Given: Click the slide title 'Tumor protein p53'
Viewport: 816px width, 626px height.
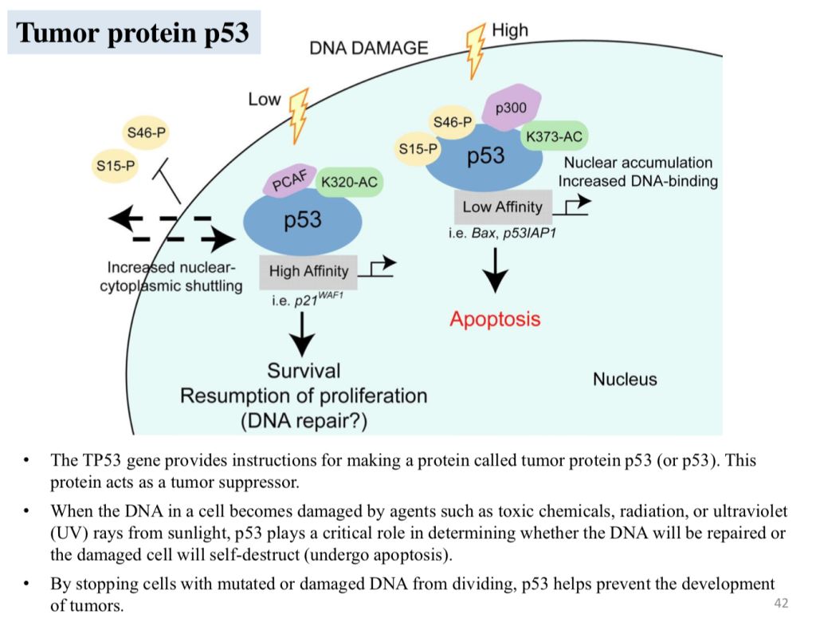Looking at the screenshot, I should point(133,33).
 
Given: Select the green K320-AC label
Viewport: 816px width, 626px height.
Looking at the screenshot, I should point(349,183).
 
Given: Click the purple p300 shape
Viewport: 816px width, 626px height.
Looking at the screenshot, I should point(511,107).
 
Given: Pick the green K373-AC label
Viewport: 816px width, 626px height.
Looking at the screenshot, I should point(553,136).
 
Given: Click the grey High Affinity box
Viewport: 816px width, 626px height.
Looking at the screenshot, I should point(308,271).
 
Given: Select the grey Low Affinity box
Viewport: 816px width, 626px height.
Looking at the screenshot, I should point(502,207).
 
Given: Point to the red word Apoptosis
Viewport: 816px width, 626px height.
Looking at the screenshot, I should point(495,320).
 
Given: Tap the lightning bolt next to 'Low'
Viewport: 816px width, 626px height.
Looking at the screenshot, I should point(299,113).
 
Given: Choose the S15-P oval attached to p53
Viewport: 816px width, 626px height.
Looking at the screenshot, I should point(418,148).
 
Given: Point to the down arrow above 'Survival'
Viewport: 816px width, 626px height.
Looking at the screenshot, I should point(303,334).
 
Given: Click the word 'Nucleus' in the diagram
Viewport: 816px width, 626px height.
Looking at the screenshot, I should point(625,379).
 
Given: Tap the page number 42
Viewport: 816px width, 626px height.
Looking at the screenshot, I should point(781,603).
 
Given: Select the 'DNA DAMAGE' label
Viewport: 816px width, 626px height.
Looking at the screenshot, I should point(368,48).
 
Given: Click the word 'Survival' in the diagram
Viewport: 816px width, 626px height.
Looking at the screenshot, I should point(304,370).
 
